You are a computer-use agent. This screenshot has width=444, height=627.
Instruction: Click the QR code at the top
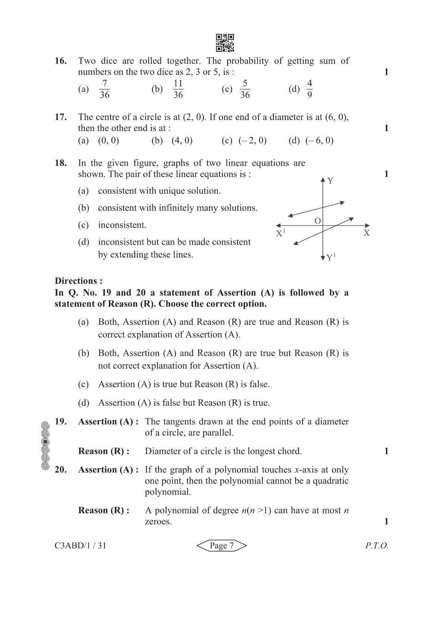click(225, 43)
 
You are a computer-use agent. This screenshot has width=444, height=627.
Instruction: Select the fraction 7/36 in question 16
click(104, 89)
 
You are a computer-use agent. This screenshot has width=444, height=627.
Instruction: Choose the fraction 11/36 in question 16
click(178, 89)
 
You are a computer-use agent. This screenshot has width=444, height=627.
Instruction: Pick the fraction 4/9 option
click(309, 89)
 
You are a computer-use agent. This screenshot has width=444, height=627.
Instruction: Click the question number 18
click(61, 163)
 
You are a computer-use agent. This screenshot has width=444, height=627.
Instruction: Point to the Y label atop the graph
click(330, 181)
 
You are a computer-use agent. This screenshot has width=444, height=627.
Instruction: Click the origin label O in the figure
click(318, 221)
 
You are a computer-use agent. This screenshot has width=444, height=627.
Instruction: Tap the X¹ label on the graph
click(280, 233)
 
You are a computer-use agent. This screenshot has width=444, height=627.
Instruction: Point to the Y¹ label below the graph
click(331, 257)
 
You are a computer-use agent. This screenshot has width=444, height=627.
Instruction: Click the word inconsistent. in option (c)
click(122, 225)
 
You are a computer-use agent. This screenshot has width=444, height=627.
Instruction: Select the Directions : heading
click(78, 281)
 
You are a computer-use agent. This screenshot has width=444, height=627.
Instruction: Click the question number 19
click(61, 421)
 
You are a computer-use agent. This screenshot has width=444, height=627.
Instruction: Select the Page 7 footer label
click(222, 546)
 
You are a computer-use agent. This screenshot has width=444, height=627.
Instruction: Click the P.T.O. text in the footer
click(376, 546)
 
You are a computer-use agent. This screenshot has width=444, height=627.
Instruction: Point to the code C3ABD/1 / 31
click(80, 545)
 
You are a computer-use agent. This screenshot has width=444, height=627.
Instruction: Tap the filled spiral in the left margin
click(45, 441)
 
